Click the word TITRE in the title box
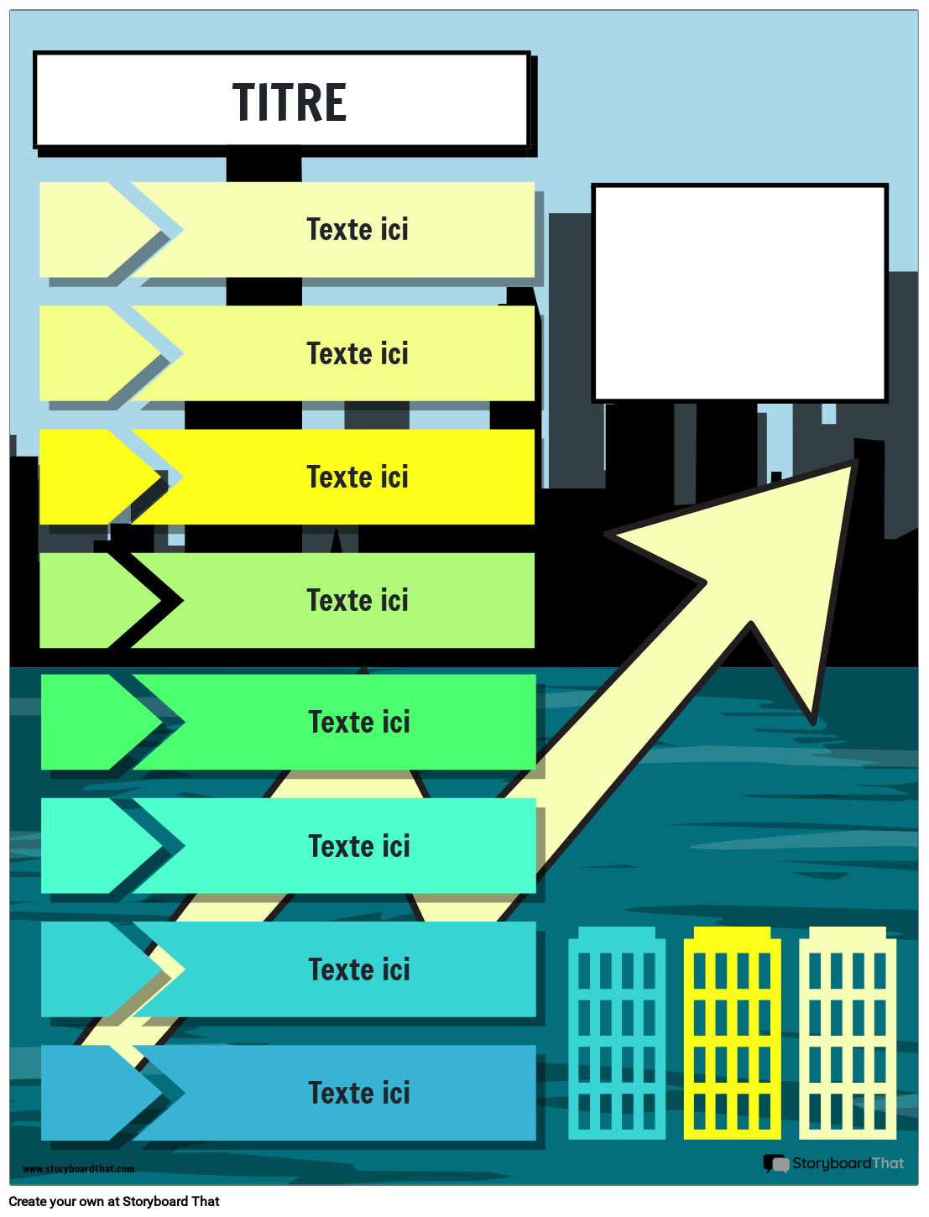pos(290,102)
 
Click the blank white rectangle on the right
pos(739,293)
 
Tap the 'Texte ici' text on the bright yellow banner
pos(358,477)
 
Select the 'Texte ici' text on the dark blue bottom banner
pos(359,1093)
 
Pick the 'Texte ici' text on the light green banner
pos(358,600)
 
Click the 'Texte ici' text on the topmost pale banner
pos(358,229)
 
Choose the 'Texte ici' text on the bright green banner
pos(359,722)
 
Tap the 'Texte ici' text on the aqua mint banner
pos(359,846)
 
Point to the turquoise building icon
pos(617,1033)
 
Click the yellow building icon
pos(732,1033)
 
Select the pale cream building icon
pos(848,1033)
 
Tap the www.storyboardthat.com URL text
pos(78,1169)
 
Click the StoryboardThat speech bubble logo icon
pos(775,1163)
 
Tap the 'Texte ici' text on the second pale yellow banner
pos(358,353)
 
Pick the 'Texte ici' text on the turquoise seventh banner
pos(359,969)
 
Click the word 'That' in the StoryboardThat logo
pos(888,1163)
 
